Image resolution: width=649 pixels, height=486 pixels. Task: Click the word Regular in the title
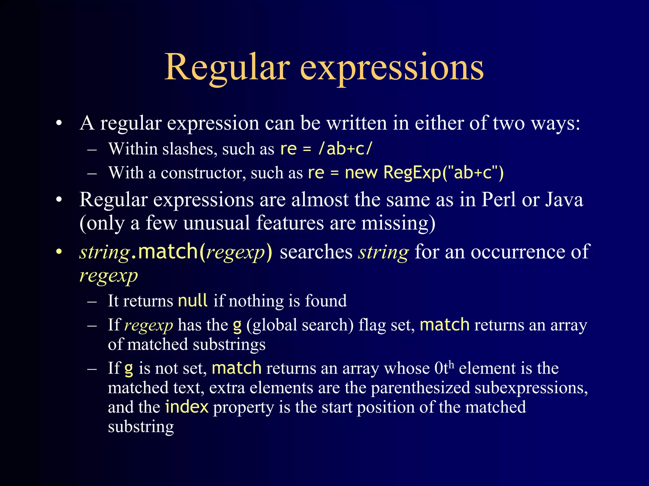click(227, 67)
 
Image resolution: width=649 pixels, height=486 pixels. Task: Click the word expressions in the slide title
click(391, 67)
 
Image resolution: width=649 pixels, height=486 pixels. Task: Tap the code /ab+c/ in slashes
click(345, 148)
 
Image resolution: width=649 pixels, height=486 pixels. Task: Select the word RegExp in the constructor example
click(412, 173)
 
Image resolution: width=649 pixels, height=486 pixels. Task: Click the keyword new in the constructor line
click(361, 173)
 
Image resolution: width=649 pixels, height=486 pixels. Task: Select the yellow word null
click(193, 300)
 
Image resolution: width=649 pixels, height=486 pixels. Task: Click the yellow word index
click(187, 407)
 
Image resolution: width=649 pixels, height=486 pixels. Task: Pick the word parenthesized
click(420, 388)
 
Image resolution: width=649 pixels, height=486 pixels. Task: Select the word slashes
click(190, 149)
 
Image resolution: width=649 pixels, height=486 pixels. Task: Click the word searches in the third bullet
click(316, 252)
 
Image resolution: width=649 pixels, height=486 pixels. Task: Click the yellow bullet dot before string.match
click(59, 252)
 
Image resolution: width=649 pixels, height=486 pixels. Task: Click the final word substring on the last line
click(141, 427)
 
